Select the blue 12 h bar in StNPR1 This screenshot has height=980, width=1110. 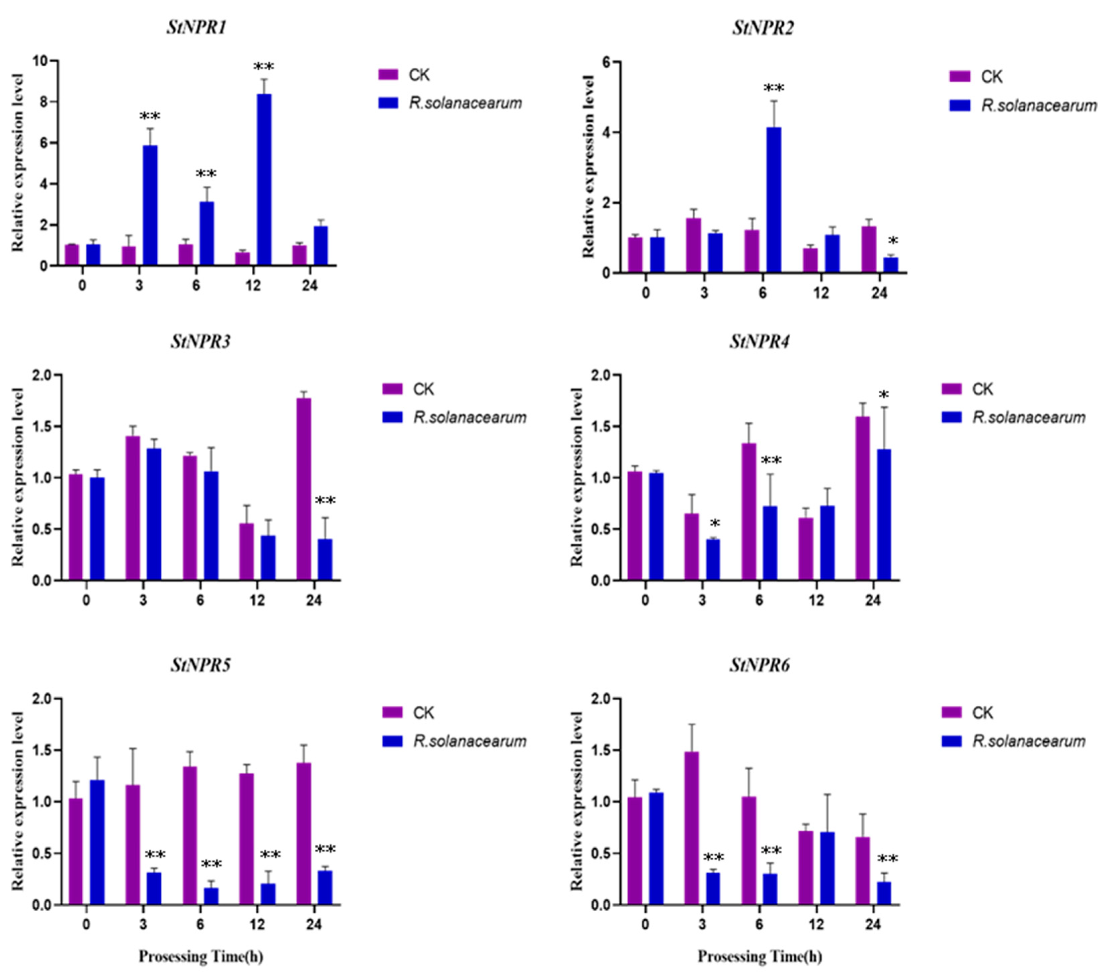point(264,179)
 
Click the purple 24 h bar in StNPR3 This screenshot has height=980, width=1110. point(304,489)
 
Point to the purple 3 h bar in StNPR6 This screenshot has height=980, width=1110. point(691,828)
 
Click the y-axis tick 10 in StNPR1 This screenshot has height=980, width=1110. point(43,61)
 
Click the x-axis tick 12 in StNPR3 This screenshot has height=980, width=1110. point(257,601)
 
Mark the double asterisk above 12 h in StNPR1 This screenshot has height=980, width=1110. point(264,67)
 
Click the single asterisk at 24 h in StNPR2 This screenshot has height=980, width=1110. point(893,241)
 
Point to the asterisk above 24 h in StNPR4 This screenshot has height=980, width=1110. point(884,395)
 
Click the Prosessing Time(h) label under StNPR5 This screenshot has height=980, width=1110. point(201,956)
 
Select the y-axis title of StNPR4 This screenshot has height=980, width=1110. point(577,477)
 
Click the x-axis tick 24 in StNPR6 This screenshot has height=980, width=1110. point(873,924)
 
